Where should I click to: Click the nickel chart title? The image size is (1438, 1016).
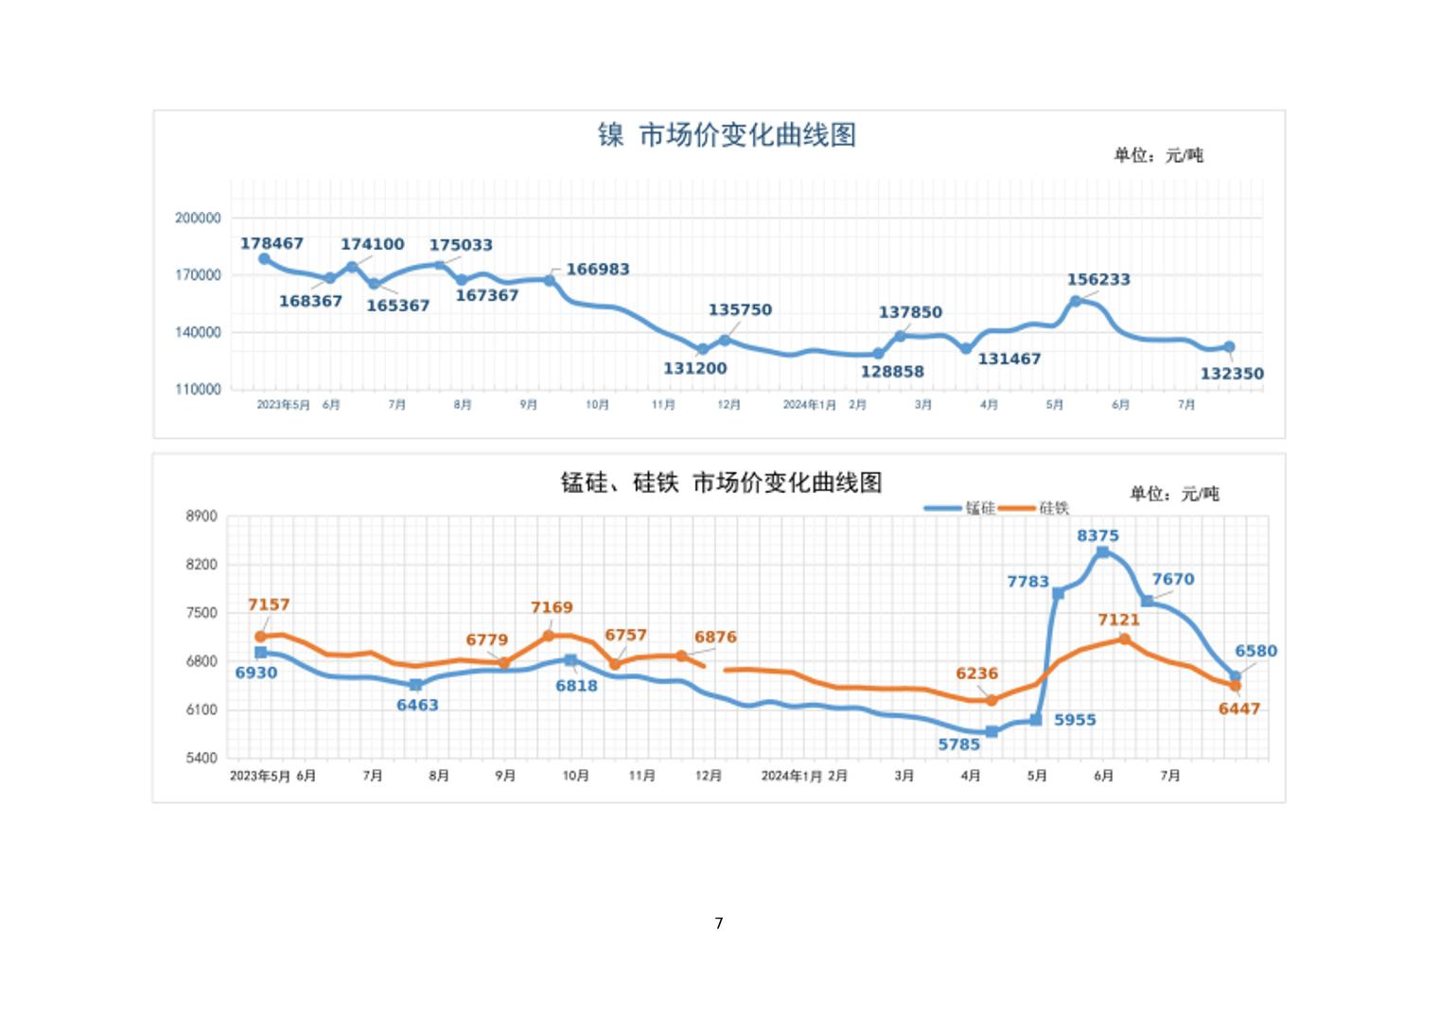(x=727, y=135)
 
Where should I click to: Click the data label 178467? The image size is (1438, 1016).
(x=272, y=243)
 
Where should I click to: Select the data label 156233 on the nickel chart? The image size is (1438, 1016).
(x=1098, y=279)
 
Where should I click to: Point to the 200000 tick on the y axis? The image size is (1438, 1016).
(x=198, y=218)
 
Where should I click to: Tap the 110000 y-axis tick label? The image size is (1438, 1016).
(x=198, y=389)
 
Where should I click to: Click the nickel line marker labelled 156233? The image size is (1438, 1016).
(x=1076, y=301)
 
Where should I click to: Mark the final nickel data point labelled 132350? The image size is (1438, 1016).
(x=1229, y=347)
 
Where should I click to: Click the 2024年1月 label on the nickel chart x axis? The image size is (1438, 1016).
(x=809, y=405)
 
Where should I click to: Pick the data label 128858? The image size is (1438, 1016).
(x=891, y=372)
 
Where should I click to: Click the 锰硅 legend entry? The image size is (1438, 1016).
(x=960, y=508)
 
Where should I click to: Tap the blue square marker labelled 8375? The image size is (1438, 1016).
(x=1102, y=552)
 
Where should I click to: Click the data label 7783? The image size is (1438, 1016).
(x=1027, y=581)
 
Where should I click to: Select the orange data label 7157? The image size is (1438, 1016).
(x=269, y=604)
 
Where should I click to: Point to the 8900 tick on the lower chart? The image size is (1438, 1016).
(x=202, y=517)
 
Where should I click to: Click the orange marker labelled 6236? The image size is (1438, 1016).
(x=991, y=701)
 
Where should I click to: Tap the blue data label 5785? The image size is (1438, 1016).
(x=958, y=744)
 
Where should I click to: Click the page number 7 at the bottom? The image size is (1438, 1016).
(x=719, y=923)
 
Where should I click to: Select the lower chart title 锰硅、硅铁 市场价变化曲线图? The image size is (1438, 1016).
(x=721, y=483)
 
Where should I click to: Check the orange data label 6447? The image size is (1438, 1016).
(x=1238, y=709)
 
